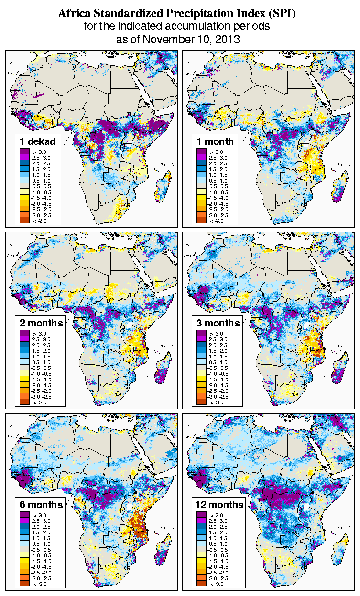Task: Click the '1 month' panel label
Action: (x=215, y=141)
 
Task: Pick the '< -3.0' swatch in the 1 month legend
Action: (x=201, y=220)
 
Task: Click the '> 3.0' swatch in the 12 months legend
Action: (x=201, y=515)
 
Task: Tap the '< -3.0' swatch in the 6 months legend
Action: (x=24, y=584)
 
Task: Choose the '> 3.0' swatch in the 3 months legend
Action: (x=201, y=333)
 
